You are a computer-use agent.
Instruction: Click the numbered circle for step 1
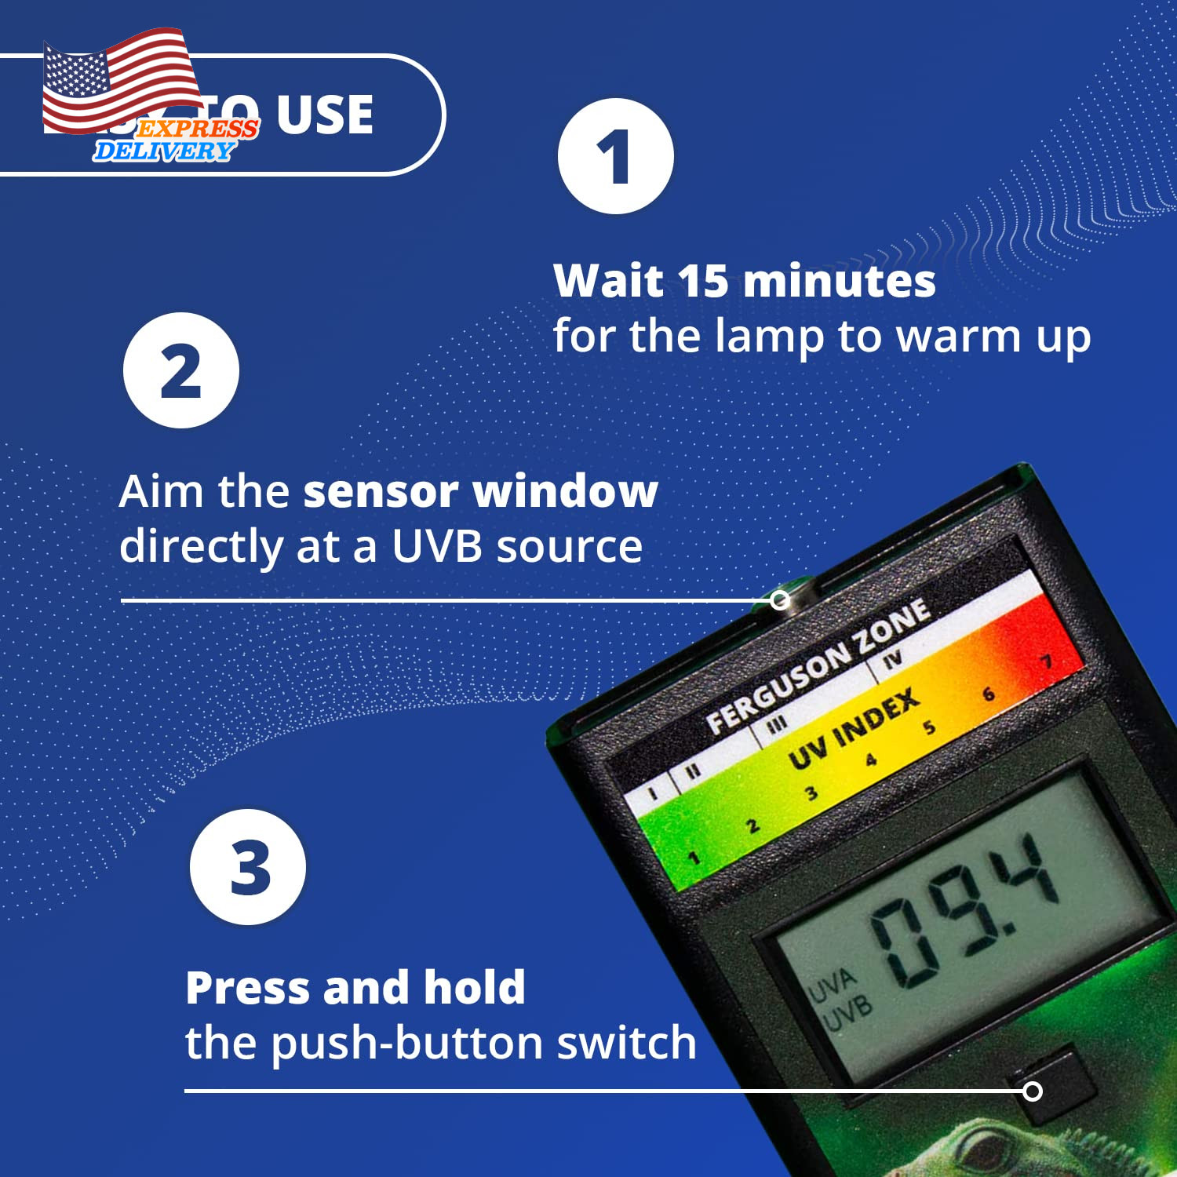(615, 156)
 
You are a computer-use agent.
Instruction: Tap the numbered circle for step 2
(181, 370)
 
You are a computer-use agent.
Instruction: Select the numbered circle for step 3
(248, 867)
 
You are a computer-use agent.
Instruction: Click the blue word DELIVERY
(163, 151)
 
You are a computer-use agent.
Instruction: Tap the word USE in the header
(324, 115)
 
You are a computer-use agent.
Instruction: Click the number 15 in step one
(703, 281)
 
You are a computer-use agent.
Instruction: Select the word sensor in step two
(381, 492)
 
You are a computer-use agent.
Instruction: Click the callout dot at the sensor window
(780, 600)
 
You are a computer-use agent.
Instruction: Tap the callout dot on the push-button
(1033, 1091)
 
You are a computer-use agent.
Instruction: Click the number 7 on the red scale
(1046, 662)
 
